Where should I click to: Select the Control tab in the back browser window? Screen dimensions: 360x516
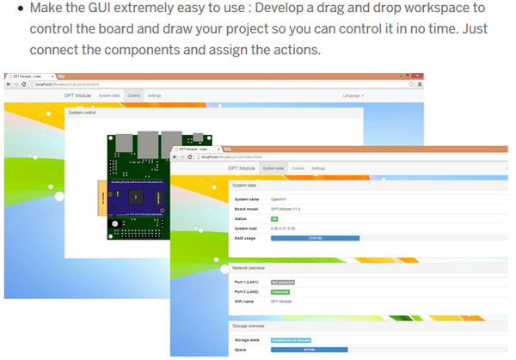133,95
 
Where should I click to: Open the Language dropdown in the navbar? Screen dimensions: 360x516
352,95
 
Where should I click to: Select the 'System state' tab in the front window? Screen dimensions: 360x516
273,168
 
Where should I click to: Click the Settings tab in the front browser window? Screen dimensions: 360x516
318,168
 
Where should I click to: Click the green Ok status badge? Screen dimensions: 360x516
275,219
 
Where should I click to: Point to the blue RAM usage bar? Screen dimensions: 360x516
315,238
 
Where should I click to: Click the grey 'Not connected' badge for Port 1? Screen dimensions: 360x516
282,281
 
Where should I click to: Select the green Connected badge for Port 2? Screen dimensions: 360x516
281,291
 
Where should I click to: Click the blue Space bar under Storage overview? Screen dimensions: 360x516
309,350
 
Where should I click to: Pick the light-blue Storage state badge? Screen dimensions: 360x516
291,340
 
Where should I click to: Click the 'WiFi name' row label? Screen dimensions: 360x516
244,301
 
